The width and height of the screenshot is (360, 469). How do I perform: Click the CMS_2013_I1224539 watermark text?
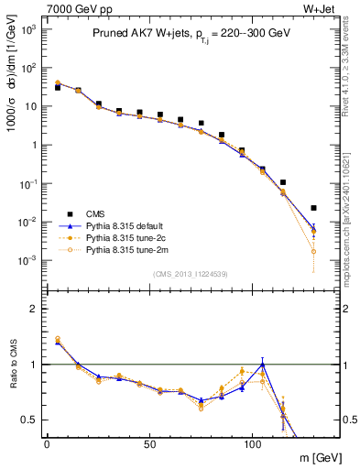(183, 274)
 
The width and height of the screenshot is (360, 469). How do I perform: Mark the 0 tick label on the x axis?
(47, 442)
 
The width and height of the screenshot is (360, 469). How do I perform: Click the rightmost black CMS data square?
(314, 208)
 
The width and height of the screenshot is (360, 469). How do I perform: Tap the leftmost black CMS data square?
(58, 87)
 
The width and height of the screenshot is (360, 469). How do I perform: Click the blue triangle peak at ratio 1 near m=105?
(263, 365)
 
